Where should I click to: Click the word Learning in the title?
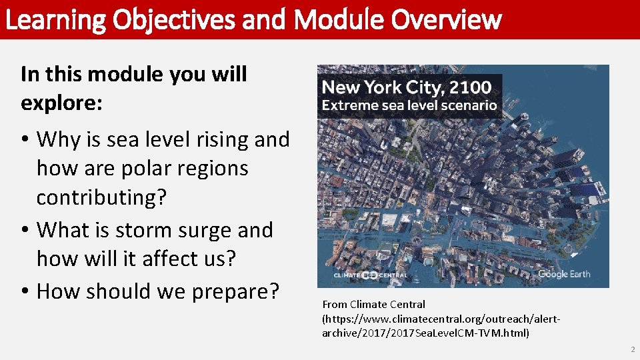55,20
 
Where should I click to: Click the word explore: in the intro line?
62,103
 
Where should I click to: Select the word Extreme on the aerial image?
347,105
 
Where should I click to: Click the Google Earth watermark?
563,274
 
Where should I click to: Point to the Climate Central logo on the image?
370,275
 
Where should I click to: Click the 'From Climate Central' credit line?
373,305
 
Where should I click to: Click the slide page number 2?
632,349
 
